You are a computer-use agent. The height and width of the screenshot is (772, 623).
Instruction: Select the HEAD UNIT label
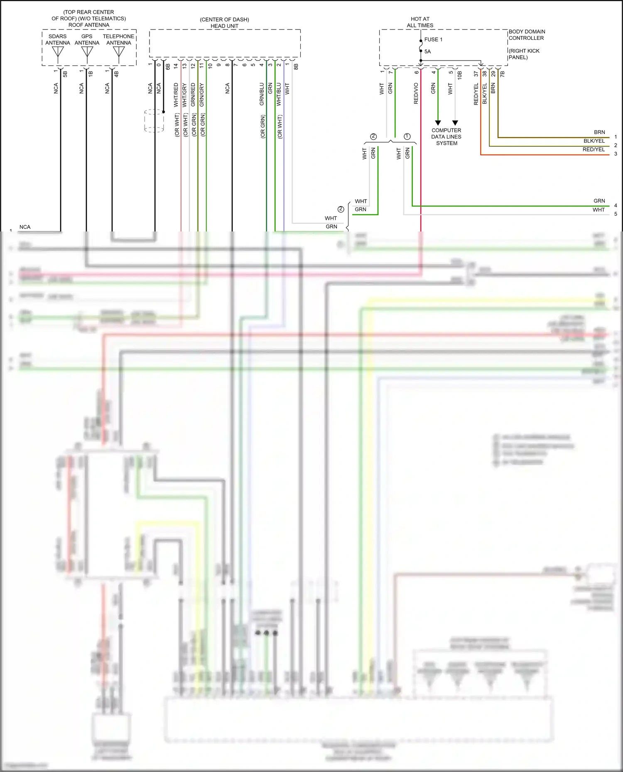(224, 26)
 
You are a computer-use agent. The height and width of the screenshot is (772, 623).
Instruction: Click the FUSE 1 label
(433, 39)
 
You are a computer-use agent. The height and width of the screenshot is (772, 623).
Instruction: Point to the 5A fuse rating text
(427, 51)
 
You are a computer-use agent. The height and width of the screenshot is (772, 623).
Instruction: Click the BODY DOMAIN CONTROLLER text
(527, 34)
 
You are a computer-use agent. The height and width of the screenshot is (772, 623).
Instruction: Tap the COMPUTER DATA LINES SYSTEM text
(446, 136)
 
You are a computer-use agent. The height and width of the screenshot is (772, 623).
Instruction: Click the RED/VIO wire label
(416, 93)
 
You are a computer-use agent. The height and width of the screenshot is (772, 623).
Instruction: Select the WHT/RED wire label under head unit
(176, 95)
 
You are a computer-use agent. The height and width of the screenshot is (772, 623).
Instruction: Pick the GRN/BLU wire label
(262, 94)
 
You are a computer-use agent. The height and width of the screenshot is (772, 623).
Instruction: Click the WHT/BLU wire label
(279, 94)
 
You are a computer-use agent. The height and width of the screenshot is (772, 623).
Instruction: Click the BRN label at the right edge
(599, 132)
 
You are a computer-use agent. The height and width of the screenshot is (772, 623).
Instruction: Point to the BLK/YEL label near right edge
(594, 141)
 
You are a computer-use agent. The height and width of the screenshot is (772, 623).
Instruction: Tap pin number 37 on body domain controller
(476, 74)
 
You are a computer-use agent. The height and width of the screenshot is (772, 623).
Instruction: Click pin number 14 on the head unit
(176, 66)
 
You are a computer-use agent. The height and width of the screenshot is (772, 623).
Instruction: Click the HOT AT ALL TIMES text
(420, 22)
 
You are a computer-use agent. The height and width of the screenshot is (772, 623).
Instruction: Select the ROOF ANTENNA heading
(89, 25)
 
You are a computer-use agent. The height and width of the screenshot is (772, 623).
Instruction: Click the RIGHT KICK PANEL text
(524, 54)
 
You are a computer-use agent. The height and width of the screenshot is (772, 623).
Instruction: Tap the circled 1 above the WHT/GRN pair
(407, 136)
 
